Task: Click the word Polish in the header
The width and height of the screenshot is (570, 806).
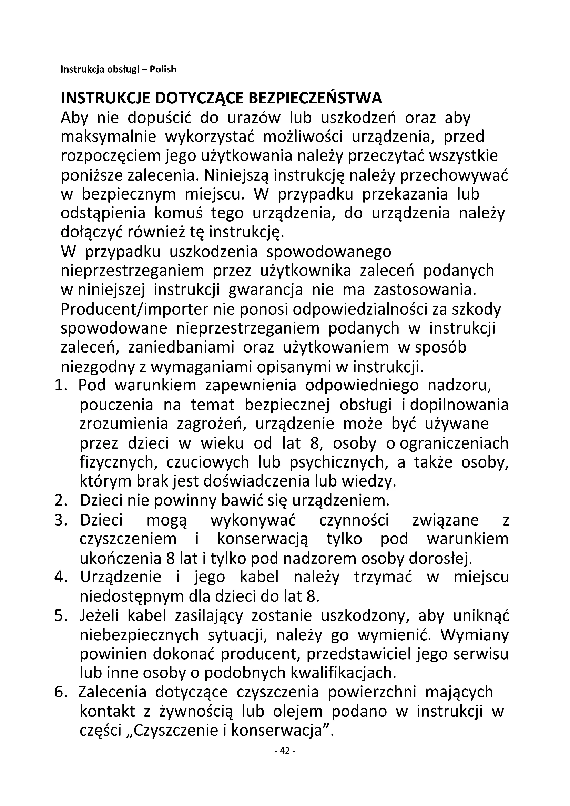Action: pos(163,70)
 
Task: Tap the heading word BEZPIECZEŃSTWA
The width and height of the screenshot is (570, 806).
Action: pos(315,98)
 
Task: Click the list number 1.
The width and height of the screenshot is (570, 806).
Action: pos(60,386)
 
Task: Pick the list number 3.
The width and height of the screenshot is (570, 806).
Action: pos(60,520)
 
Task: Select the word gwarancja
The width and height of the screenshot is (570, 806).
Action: pos(266,290)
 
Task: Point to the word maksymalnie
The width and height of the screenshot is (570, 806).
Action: pos(109,136)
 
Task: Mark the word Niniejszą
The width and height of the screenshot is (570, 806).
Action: pos(236,175)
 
